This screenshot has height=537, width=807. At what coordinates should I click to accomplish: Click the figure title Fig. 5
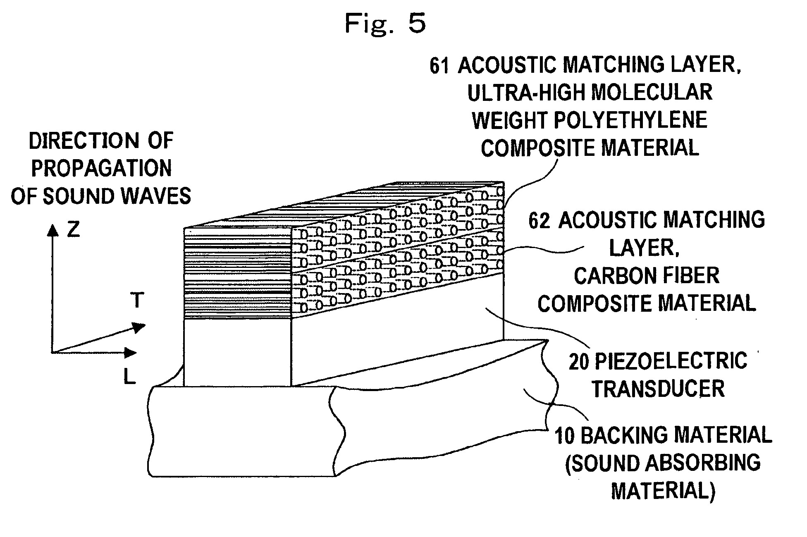(x=385, y=23)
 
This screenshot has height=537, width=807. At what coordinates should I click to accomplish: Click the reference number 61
(x=439, y=67)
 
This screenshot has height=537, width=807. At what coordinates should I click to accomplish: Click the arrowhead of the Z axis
(x=52, y=230)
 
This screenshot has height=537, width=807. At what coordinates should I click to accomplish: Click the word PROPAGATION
(x=101, y=169)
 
